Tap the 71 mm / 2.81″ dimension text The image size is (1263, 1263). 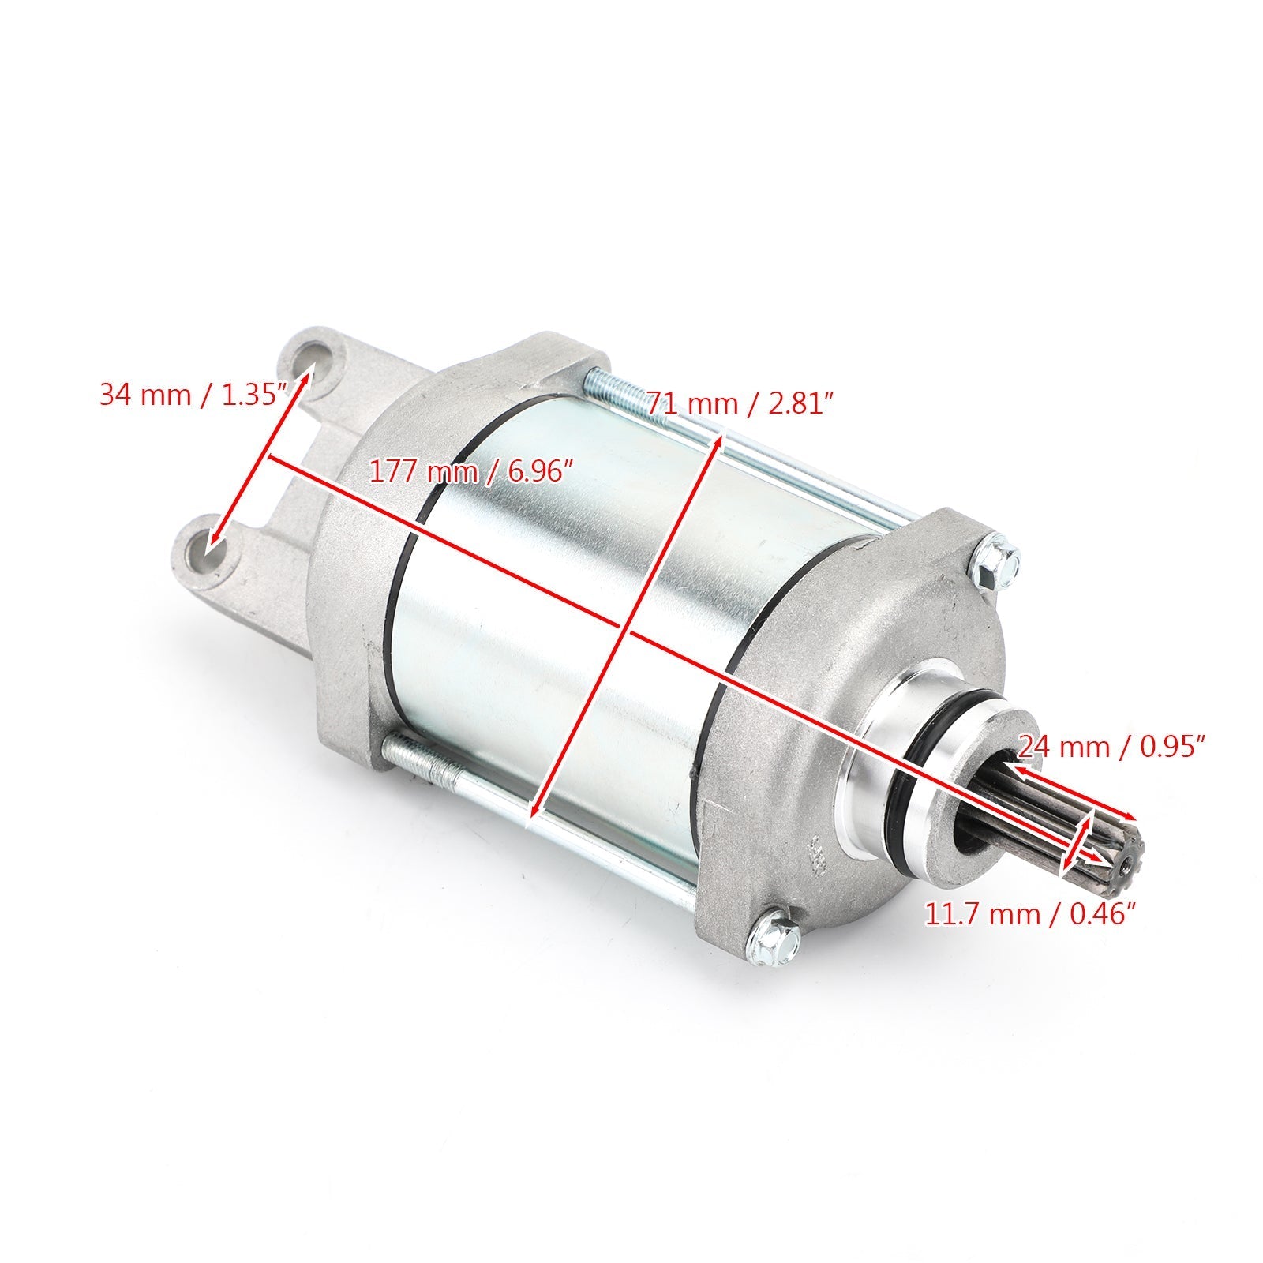click(x=740, y=404)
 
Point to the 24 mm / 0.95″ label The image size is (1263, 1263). click(x=1111, y=744)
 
